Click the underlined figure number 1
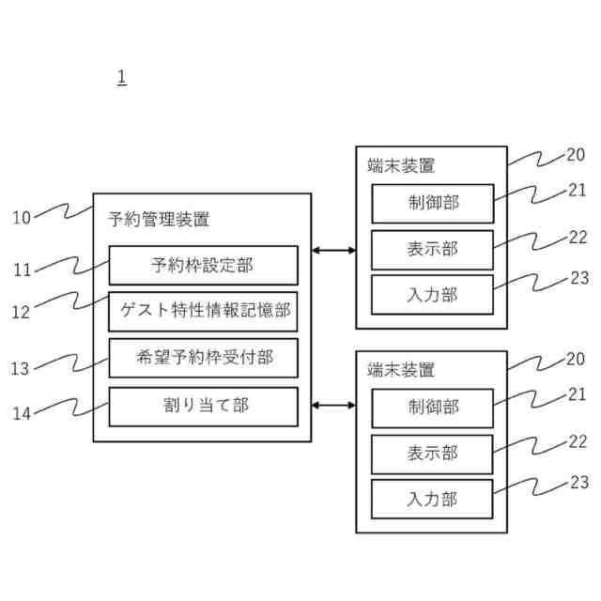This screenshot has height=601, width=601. click(122, 77)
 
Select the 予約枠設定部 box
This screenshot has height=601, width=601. click(203, 265)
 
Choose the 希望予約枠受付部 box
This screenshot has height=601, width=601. click(203, 358)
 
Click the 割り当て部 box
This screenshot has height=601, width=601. click(203, 406)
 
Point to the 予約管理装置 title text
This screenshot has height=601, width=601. click(159, 221)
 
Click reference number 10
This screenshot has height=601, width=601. click(22, 219)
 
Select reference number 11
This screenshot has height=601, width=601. click(22, 270)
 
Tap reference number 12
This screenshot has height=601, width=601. click(22, 313)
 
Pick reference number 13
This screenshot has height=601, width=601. click(22, 369)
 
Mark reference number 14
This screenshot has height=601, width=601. click(22, 410)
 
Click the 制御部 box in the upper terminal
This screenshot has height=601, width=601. click(432, 203)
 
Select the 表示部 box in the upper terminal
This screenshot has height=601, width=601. click(432, 249)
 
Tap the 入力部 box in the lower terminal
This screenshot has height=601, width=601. click(432, 498)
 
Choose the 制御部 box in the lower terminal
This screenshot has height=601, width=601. click(432, 408)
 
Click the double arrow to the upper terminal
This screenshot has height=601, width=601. click(333, 250)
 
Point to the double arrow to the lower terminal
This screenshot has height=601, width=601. click(333, 406)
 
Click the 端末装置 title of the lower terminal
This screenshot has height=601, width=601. click(401, 369)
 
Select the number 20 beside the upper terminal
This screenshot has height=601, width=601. click(576, 156)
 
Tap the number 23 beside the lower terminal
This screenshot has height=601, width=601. click(579, 483)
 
